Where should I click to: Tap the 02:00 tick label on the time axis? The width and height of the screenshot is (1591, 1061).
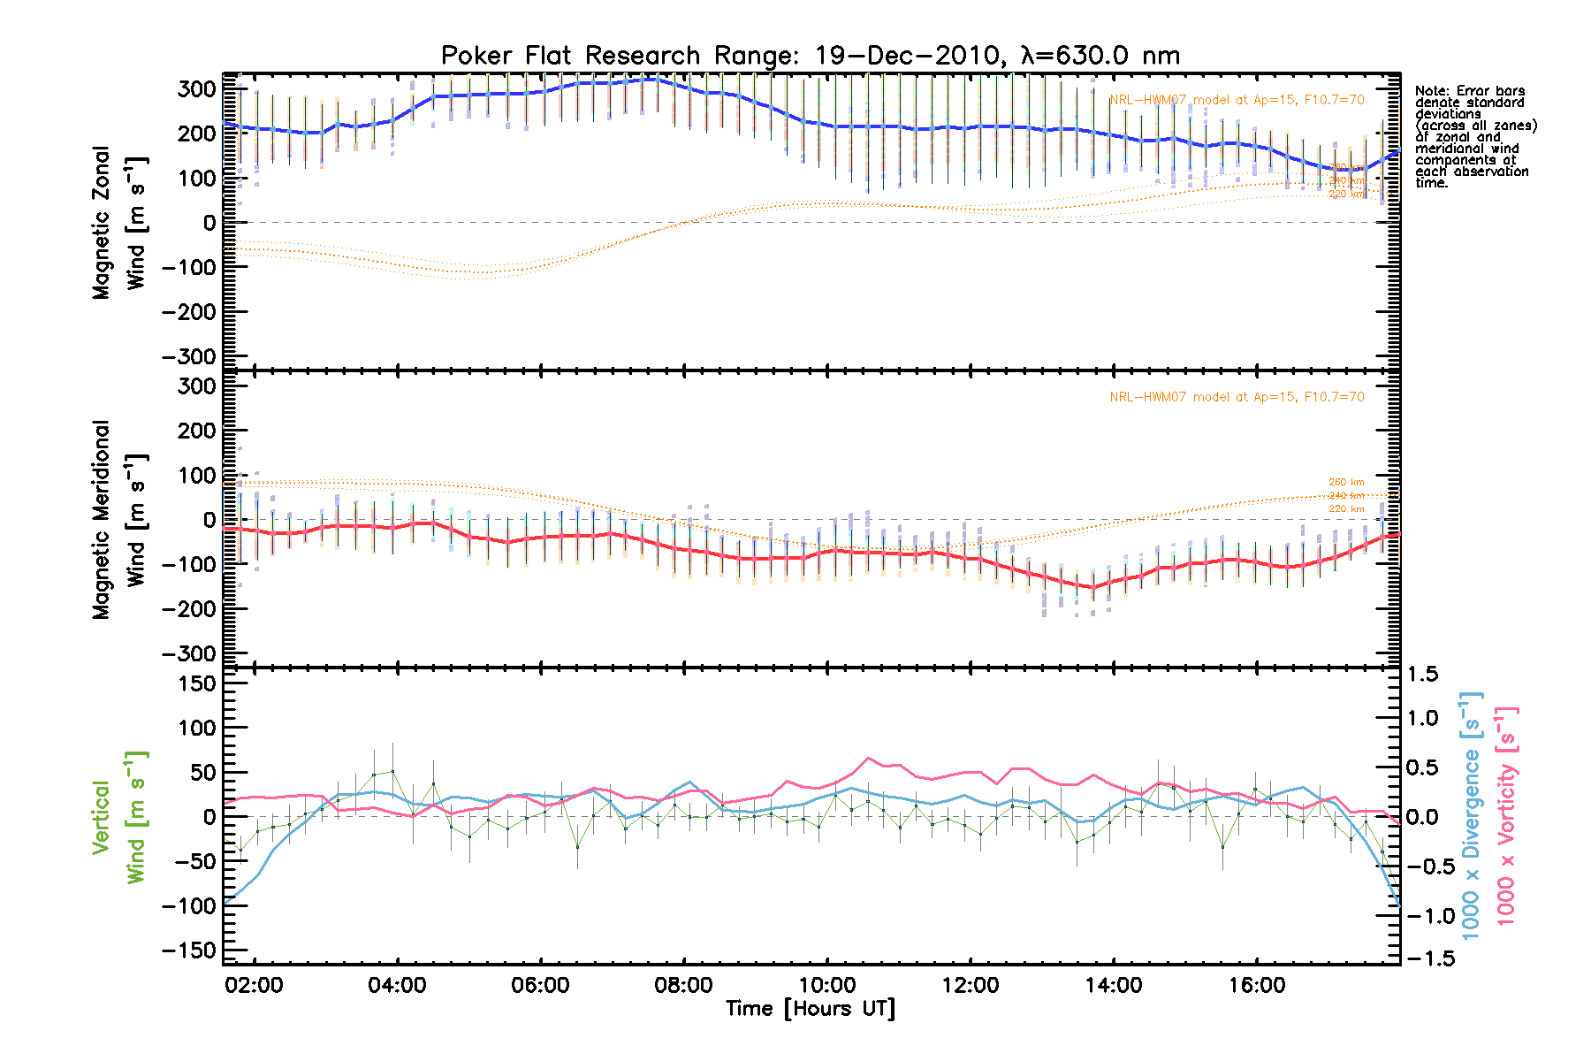coord(254,986)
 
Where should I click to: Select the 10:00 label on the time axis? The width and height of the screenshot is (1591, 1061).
coord(827,986)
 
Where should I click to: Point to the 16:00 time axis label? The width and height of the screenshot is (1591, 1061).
coord(1257,986)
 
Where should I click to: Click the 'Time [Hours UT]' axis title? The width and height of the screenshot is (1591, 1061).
coord(811,1009)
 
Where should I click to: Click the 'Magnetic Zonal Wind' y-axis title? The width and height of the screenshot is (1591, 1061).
coord(119,223)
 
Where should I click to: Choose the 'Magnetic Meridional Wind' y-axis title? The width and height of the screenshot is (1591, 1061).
coord(119,520)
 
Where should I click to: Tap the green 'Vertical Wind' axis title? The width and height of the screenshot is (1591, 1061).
coord(119,817)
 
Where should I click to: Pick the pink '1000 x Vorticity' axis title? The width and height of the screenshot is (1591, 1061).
coord(1505,817)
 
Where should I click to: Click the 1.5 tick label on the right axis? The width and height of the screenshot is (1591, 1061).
coord(1422,675)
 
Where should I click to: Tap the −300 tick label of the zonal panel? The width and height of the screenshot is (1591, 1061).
coord(189,356)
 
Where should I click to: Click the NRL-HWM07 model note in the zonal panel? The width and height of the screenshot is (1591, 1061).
coord(1237,100)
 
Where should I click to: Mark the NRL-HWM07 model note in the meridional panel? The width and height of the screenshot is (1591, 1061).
coord(1237,397)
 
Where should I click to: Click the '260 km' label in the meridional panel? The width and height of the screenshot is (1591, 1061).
coord(1346,483)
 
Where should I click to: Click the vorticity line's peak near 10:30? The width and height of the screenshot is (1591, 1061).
coord(870,758)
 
